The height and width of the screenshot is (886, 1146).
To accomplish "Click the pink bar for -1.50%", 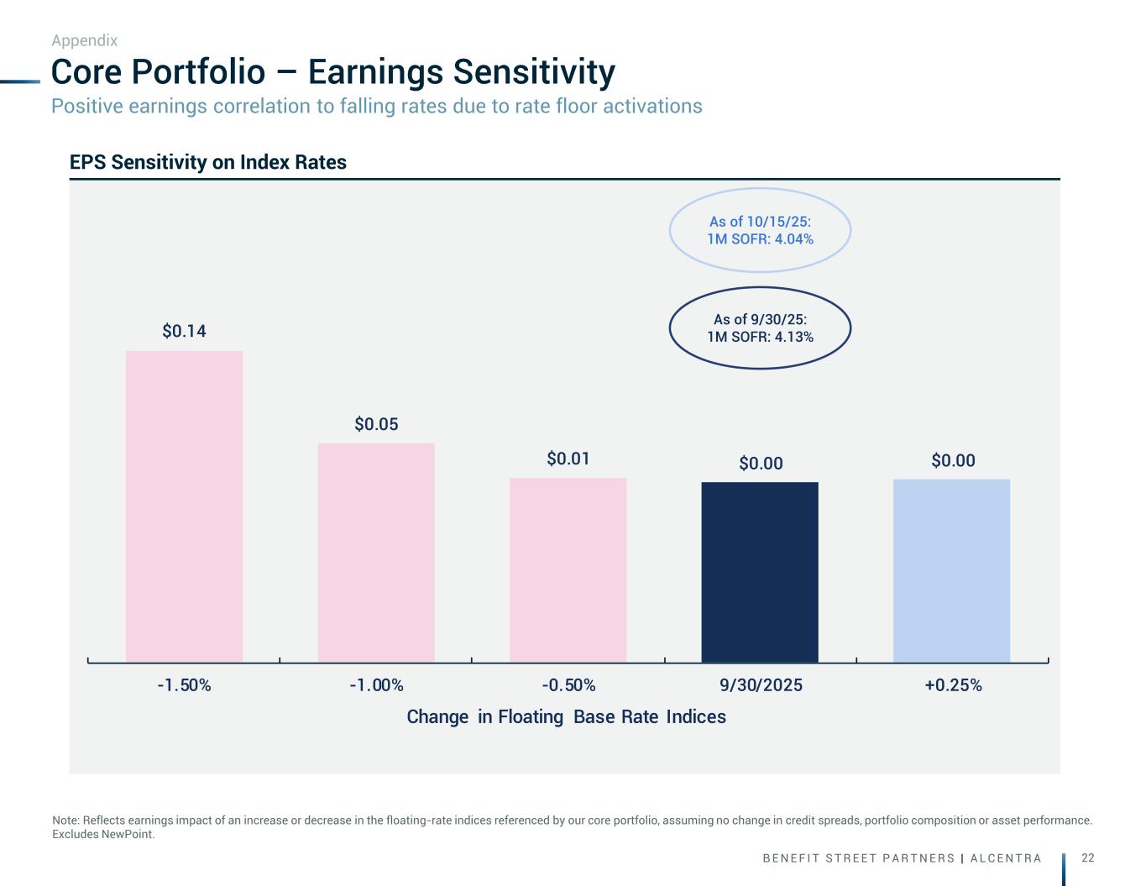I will pyautogui.click(x=184, y=506).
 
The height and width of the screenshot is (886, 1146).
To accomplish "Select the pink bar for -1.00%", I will pyautogui.click(x=376, y=553).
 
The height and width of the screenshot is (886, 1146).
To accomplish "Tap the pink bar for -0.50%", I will pyautogui.click(x=568, y=569).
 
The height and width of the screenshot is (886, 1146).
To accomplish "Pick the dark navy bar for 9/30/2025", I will pyautogui.click(x=760, y=572).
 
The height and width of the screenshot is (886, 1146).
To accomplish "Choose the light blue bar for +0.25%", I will pyautogui.click(x=951, y=570).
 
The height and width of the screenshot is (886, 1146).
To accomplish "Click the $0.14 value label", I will pyautogui.click(x=184, y=331).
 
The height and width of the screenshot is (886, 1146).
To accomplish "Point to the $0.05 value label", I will pyautogui.click(x=376, y=424).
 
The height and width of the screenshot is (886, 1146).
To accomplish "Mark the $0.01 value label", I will pyautogui.click(x=568, y=459).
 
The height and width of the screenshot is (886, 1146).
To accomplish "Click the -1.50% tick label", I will pyautogui.click(x=184, y=685).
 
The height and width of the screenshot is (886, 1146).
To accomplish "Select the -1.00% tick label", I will pyautogui.click(x=376, y=685).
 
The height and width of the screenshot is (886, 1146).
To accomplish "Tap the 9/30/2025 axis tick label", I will pyautogui.click(x=761, y=685).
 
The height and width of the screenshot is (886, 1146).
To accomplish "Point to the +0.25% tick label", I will pyautogui.click(x=953, y=685).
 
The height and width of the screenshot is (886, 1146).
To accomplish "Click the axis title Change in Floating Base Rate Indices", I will pyautogui.click(x=566, y=716).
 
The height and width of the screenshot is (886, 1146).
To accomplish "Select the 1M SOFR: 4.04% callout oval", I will pyautogui.click(x=760, y=230).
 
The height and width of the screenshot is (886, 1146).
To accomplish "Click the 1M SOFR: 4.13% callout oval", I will pyautogui.click(x=760, y=328).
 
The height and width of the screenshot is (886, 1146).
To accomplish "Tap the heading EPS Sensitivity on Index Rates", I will pyautogui.click(x=208, y=162).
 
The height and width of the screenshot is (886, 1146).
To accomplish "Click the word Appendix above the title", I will pyautogui.click(x=84, y=40).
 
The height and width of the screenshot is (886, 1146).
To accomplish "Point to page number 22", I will pyautogui.click(x=1088, y=857).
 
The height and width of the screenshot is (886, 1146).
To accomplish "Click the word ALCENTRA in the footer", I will pyautogui.click(x=1006, y=858).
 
